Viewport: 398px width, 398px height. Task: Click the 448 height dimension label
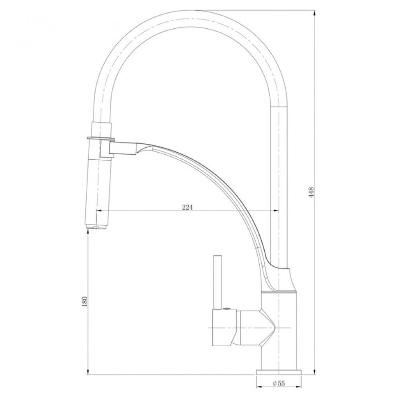312,192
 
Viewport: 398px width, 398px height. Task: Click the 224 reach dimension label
187,207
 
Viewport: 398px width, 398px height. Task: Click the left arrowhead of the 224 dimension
99,210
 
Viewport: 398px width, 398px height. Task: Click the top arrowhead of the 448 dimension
315,13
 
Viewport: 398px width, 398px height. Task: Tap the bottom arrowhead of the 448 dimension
315,371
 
